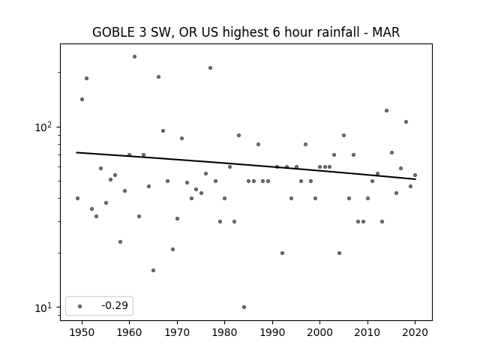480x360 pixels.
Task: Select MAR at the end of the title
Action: click(x=385, y=32)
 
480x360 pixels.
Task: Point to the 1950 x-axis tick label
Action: click(x=82, y=332)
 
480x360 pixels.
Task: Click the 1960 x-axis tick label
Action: click(x=129, y=332)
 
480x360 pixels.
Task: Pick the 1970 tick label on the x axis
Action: click(x=177, y=332)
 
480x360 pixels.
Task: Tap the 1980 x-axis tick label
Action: click(x=224, y=332)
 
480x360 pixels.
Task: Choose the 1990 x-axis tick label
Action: click(x=272, y=332)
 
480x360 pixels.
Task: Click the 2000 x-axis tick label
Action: click(x=320, y=332)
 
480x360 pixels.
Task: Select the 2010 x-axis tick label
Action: click(x=367, y=332)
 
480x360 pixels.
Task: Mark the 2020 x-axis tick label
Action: click(x=415, y=332)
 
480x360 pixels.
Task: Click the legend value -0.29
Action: click(x=115, y=305)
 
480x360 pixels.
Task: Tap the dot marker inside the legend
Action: click(x=80, y=306)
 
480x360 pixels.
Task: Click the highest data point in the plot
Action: click(x=134, y=57)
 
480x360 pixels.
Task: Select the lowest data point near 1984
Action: click(x=244, y=307)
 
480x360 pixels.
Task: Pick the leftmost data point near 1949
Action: click(x=77, y=198)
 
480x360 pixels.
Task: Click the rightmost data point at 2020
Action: click(x=415, y=175)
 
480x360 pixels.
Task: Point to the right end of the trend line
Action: click(x=415, y=179)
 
